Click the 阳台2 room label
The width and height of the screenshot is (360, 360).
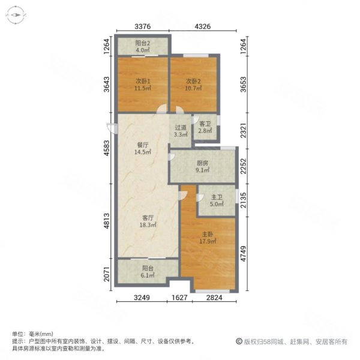click(x=142, y=43)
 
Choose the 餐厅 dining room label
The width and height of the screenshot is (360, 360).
click(x=142, y=145)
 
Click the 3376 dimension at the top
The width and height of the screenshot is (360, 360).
click(x=142, y=26)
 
